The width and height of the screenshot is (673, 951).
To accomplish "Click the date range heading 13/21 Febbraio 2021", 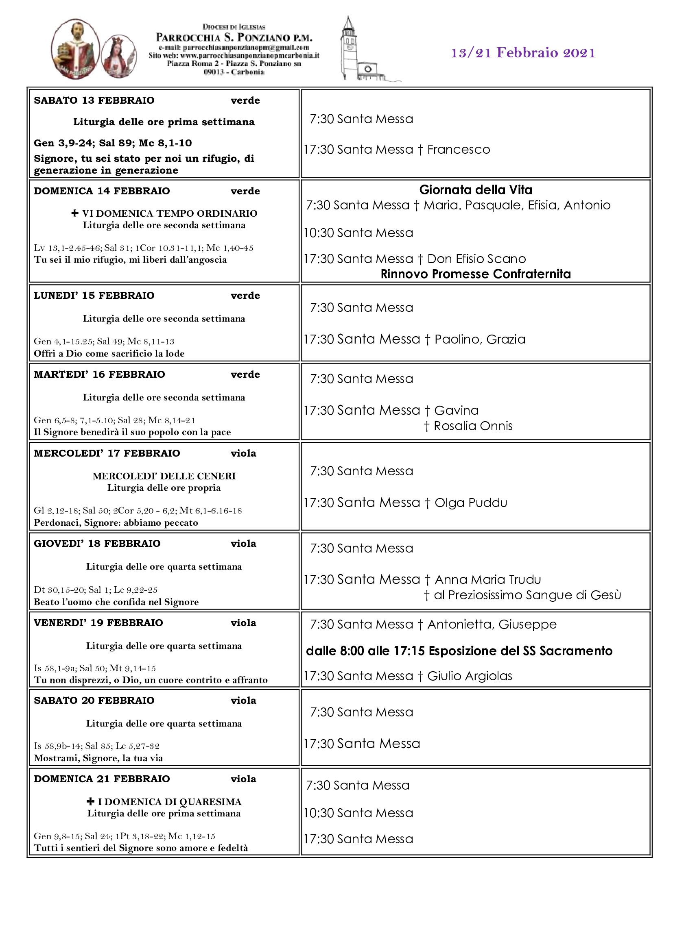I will tap(522, 53).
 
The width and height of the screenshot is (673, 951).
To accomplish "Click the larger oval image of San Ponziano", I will tap(75, 48).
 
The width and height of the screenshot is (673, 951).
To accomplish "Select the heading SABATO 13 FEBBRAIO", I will tap(94, 101).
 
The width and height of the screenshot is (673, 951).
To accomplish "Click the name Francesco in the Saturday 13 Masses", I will tap(458, 150).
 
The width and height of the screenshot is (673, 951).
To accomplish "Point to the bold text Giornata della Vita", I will tap(475, 190).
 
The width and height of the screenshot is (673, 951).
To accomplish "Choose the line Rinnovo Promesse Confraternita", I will tap(475, 274).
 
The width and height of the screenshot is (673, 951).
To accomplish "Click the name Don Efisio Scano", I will tap(476, 259).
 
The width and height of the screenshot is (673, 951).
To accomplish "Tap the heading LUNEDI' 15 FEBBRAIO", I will tap(94, 296).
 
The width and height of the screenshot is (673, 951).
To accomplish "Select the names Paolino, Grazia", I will tap(480, 339).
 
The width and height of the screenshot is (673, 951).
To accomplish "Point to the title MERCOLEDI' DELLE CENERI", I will tap(164, 476).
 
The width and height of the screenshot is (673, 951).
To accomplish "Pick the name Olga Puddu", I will tap(471, 503).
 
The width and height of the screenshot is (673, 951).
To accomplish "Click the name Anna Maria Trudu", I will tap(488, 579).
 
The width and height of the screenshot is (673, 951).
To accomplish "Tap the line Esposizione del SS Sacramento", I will tap(459, 651).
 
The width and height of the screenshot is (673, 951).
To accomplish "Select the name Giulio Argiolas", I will tap(470, 676).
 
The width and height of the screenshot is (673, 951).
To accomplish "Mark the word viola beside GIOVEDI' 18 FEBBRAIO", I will tap(243, 544).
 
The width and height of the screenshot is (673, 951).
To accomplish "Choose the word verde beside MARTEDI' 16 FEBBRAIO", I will tap(245, 374).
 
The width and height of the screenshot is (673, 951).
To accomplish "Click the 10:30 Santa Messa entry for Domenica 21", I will tap(358, 813).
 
